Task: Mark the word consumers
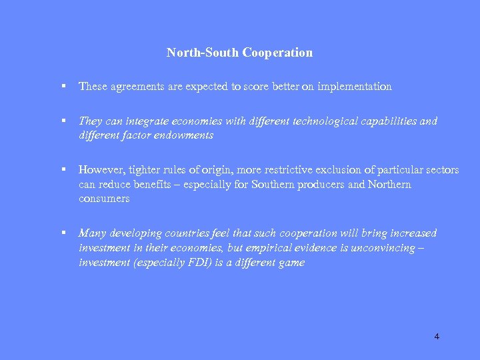pos(104,199)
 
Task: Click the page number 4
pos(437,337)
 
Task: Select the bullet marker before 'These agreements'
pos(61,87)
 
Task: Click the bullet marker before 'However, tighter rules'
pos(61,170)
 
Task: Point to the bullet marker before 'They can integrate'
pos(61,121)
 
